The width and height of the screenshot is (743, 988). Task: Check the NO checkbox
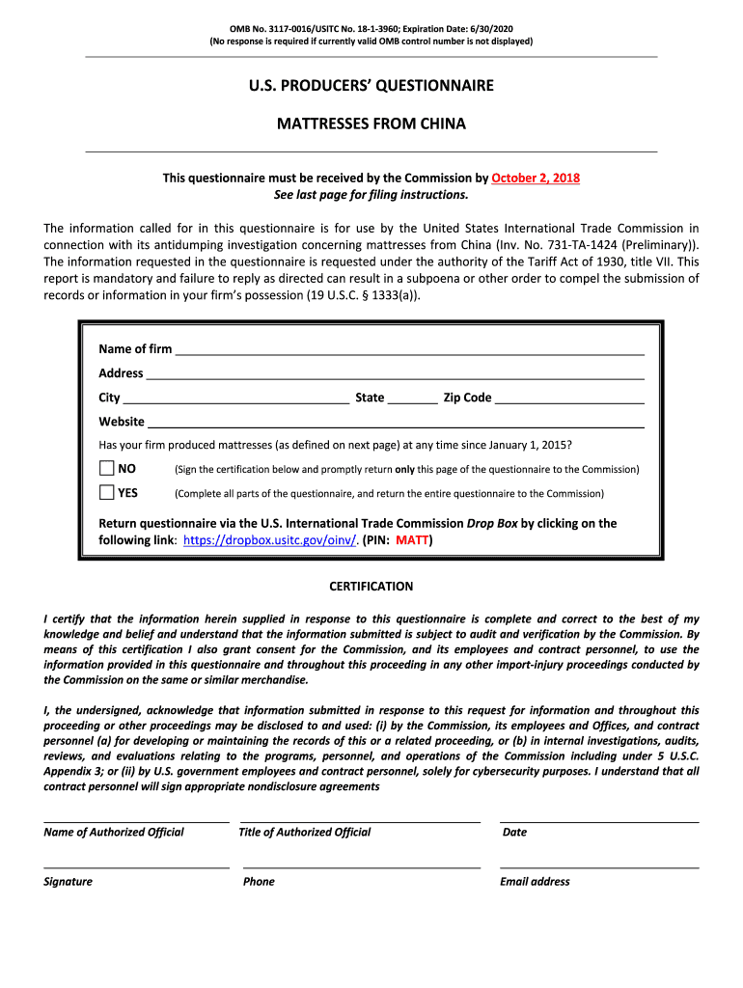pos(106,469)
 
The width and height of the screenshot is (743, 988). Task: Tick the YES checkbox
pos(106,493)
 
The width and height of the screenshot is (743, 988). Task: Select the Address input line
pos(395,372)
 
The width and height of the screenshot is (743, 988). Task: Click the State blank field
pos(413,397)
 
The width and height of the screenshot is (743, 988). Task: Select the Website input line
pos(396,421)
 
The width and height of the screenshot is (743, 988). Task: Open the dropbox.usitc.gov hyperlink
pos(270,540)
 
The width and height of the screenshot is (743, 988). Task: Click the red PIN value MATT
pos(412,540)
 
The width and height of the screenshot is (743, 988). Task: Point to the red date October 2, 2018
pos(536,178)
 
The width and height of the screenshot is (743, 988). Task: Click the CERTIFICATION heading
pos(371,587)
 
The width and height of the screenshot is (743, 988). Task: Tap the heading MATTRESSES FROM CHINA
pos(371,123)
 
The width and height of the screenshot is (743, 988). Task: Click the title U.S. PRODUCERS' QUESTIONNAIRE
pos(371,86)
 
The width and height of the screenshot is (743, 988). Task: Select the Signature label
pos(69,882)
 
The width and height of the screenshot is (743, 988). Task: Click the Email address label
pos(535,882)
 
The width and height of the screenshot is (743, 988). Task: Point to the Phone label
pos(259,882)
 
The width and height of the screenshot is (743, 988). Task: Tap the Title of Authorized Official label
pos(305,833)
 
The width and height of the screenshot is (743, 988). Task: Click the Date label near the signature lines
pos(514,833)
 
